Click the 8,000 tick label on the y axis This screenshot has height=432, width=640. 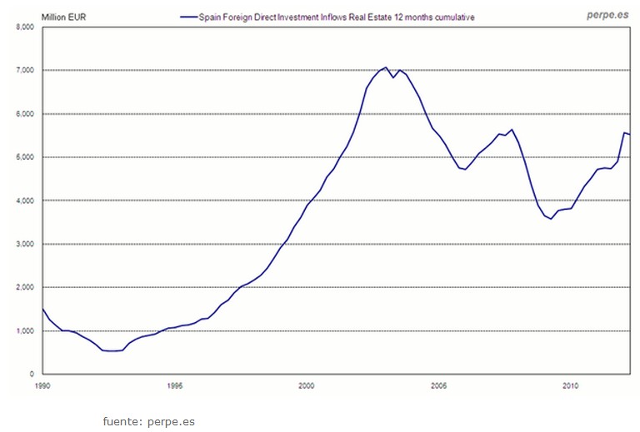pos(24,27)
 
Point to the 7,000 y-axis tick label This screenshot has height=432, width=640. pos(24,70)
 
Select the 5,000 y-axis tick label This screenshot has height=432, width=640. pos(24,157)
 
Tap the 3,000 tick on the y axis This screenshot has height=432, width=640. pos(24,244)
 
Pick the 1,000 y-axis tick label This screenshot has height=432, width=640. pos(24,330)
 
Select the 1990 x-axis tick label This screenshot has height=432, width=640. pos(42,386)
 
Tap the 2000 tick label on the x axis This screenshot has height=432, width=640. pos(306,386)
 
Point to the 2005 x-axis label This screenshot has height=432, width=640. pos(438,386)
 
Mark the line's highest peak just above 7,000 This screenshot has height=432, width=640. pos(385,67)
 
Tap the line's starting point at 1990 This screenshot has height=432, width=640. pos(42,309)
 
